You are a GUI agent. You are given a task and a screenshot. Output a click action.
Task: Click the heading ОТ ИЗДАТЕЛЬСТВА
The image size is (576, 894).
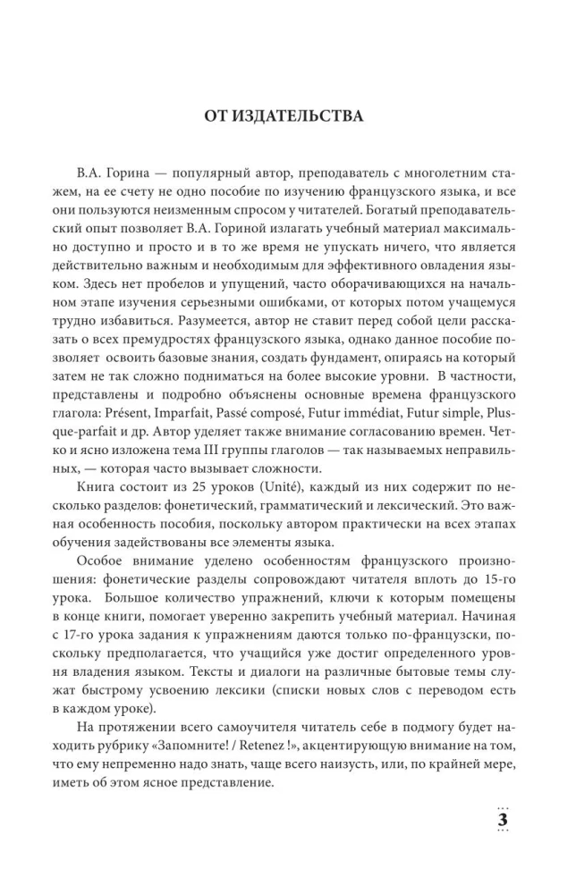287,117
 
